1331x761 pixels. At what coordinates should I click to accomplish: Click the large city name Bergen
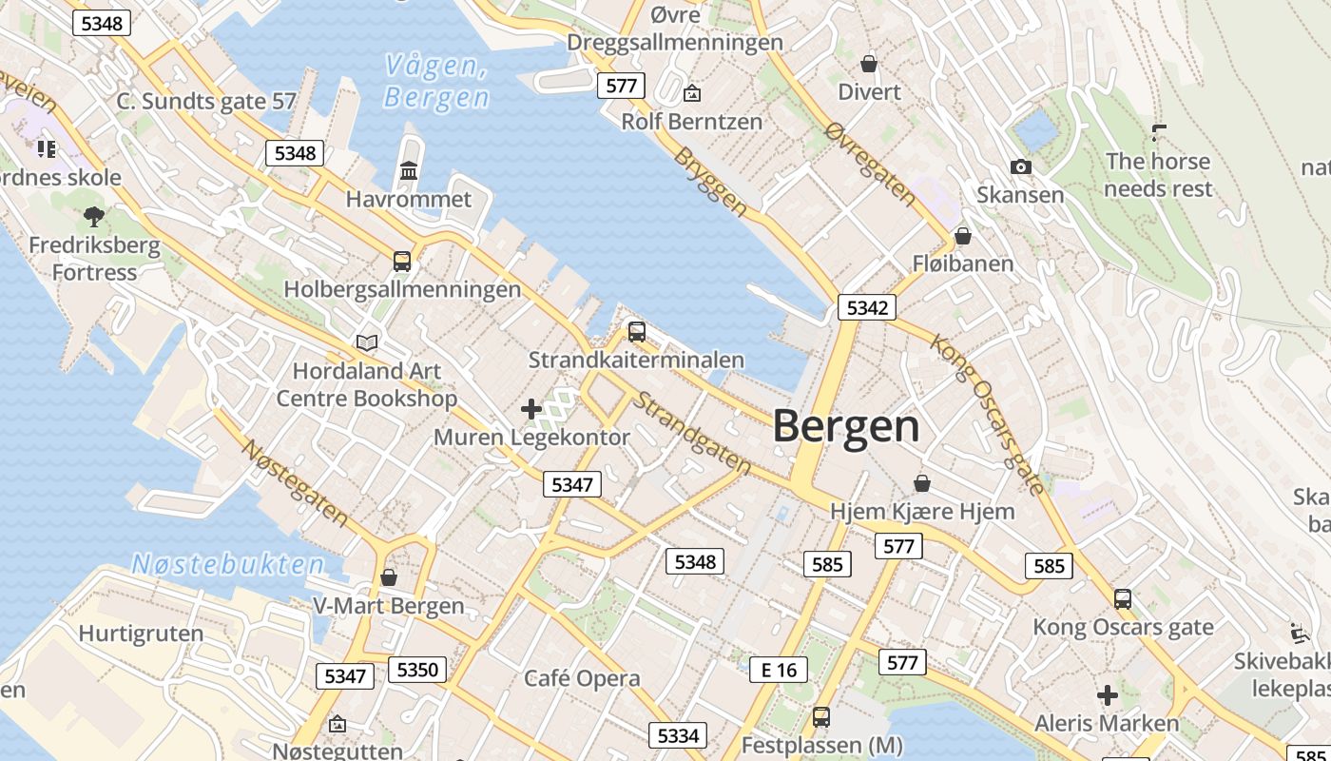846,426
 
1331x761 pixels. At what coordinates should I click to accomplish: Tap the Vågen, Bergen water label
436,82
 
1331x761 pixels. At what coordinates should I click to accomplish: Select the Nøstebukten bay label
228,564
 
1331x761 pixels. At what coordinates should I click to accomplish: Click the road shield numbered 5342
866,307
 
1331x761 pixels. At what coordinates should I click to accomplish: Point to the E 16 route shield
779,670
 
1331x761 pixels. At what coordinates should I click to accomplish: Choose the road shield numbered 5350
417,670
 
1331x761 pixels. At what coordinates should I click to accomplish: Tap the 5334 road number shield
678,735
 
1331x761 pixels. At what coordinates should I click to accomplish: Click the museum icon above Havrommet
409,171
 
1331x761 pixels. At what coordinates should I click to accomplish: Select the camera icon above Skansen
1021,167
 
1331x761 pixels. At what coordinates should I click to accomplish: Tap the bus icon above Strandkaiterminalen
637,332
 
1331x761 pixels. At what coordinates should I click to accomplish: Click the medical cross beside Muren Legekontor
531,410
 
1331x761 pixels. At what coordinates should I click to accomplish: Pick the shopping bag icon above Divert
869,64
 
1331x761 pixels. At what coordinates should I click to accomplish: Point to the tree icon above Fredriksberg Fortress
94,217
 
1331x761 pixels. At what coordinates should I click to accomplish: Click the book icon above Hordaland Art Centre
367,342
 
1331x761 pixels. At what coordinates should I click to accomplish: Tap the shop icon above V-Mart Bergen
389,577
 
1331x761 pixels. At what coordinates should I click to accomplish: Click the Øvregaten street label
872,165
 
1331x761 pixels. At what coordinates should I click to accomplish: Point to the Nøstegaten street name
296,482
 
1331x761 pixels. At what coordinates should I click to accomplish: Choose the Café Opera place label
582,678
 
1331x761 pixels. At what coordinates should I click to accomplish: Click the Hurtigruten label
141,634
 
